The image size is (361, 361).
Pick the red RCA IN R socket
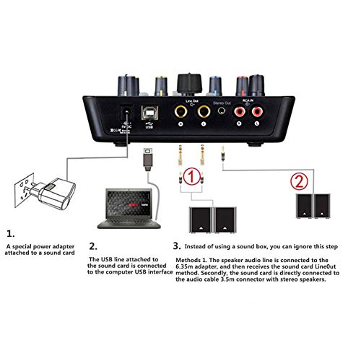tap(238, 113)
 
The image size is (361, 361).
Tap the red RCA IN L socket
tap(257, 113)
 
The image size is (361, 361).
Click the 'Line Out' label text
tap(191, 92)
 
